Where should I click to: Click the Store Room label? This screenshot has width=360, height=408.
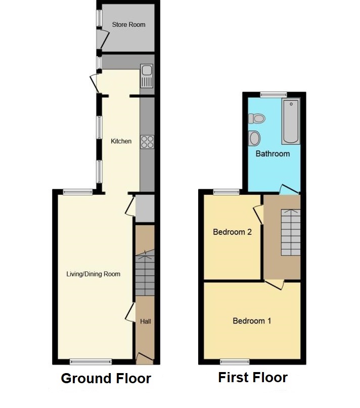click(128, 25)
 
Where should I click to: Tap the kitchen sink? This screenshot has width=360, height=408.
click(147, 76)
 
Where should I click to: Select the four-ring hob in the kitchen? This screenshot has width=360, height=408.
click(147, 142)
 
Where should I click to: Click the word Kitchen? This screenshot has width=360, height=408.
click(121, 141)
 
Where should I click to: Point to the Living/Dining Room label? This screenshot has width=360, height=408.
click(94, 274)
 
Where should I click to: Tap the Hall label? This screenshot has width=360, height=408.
click(145, 321)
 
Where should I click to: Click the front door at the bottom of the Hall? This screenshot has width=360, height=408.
click(145, 358)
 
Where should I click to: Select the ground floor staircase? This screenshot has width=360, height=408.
click(145, 273)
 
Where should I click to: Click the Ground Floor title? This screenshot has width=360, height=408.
click(106, 378)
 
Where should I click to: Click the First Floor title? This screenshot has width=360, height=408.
click(253, 378)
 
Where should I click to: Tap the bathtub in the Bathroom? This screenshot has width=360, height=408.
click(291, 121)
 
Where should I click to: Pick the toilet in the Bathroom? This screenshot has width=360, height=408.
click(256, 119)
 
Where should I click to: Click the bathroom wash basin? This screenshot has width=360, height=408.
click(254, 138)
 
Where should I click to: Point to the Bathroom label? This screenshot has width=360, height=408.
click(273, 154)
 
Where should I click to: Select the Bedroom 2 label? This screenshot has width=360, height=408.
click(233, 232)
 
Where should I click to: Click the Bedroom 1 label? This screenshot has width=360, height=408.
click(252, 321)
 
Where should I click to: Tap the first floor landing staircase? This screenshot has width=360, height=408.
click(291, 232)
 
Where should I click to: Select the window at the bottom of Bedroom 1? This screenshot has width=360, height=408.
click(235, 362)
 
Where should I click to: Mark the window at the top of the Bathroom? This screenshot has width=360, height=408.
click(274, 95)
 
